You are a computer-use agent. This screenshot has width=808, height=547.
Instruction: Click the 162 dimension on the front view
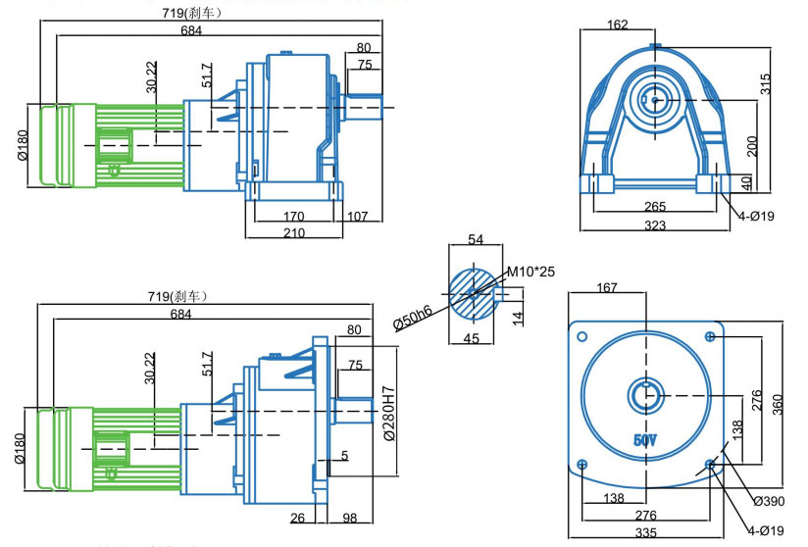tap(618, 25)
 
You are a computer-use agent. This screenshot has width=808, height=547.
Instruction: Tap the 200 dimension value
tap(752, 145)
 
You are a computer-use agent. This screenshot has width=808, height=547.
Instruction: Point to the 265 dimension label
tap(656, 207)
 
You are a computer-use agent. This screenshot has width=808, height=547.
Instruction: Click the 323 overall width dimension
tap(656, 225)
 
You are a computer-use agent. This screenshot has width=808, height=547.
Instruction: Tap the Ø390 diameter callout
tap(770, 502)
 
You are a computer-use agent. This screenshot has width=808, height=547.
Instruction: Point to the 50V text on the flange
tap(644, 440)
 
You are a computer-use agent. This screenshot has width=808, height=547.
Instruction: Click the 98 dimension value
tap(349, 518)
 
